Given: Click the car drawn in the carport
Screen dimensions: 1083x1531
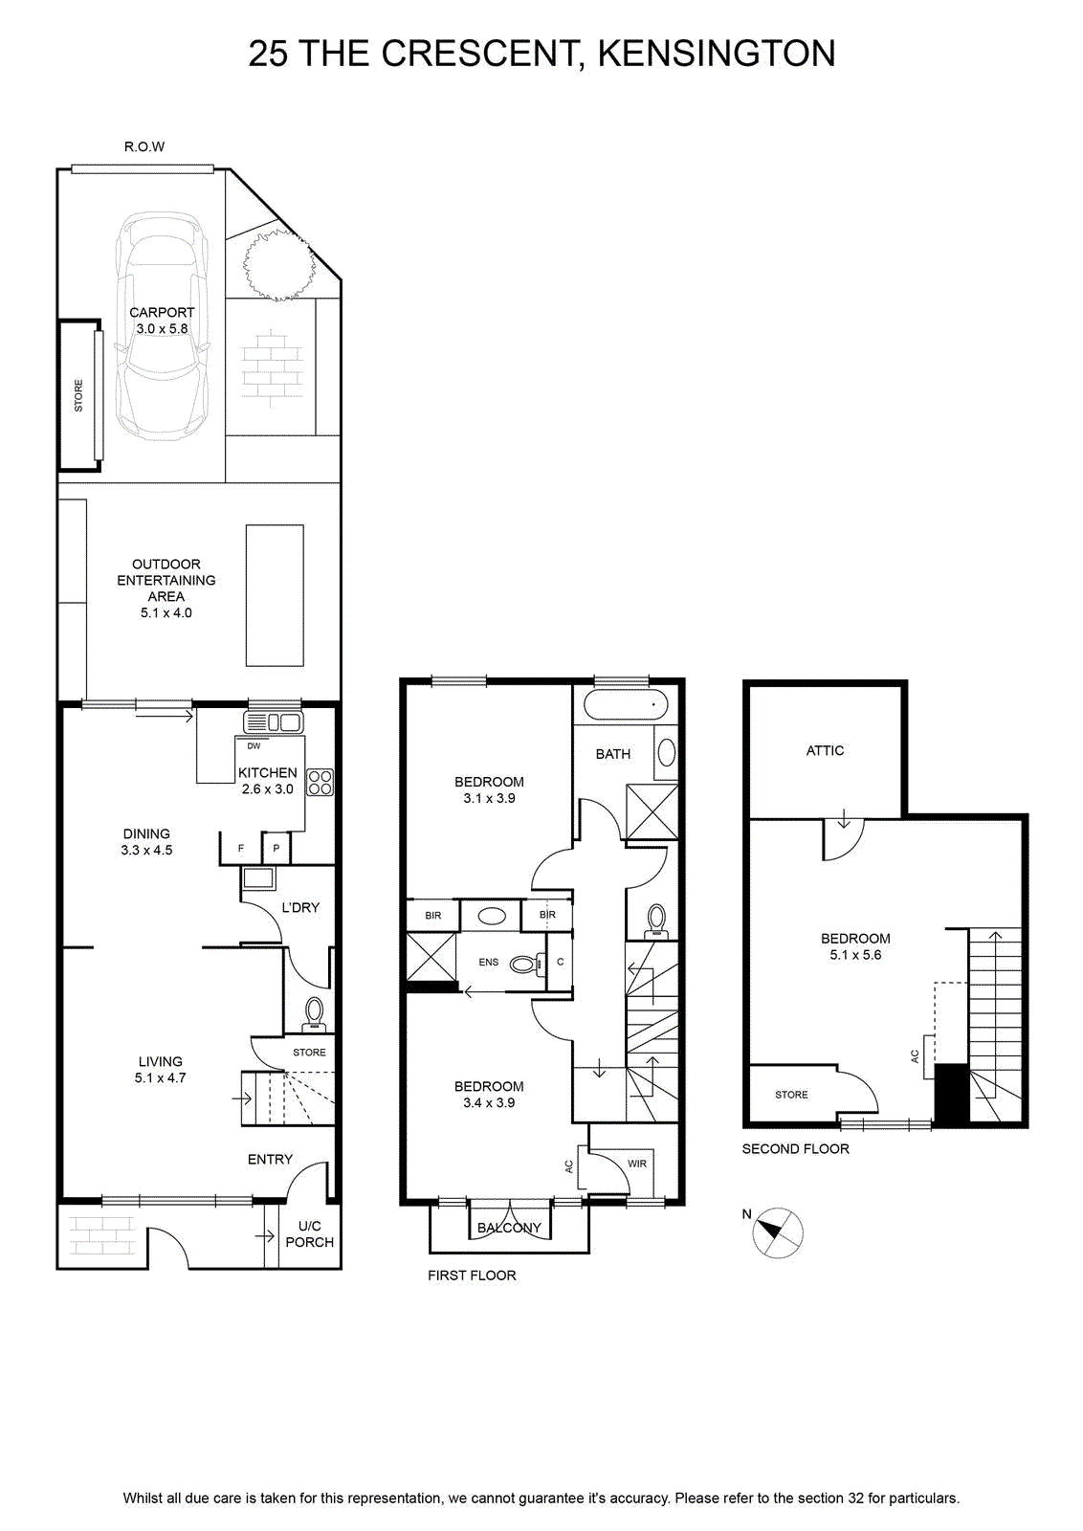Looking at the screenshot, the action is (162, 326).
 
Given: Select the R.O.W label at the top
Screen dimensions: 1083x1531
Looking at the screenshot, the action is (144, 146).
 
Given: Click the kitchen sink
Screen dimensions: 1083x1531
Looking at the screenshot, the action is (273, 722).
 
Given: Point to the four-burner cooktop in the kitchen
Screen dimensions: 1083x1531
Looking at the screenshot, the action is (320, 783).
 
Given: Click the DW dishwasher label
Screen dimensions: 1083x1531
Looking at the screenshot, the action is (254, 745).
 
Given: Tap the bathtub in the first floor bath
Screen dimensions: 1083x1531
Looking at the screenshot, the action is (626, 704).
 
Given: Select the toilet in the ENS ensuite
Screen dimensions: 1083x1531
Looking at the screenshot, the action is (527, 964).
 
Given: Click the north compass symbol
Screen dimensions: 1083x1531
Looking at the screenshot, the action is (778, 1233).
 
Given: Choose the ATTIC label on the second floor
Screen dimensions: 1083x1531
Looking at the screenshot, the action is (825, 750).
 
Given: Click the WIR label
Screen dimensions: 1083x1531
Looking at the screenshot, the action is (637, 1163).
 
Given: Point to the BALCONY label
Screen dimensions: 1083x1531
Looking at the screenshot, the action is (509, 1228).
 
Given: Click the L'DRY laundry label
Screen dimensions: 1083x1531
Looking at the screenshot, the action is (300, 908).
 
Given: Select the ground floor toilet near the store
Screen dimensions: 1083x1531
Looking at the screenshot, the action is (315, 1013).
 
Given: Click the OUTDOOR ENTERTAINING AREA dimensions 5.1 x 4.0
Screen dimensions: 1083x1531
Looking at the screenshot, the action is (166, 613).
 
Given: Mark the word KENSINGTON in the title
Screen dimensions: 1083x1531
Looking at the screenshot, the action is (717, 54).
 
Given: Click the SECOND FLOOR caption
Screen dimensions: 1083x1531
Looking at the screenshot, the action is (795, 1149).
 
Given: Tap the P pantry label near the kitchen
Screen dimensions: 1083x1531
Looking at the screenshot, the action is (276, 848).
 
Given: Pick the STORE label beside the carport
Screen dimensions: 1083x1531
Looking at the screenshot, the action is (78, 395).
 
